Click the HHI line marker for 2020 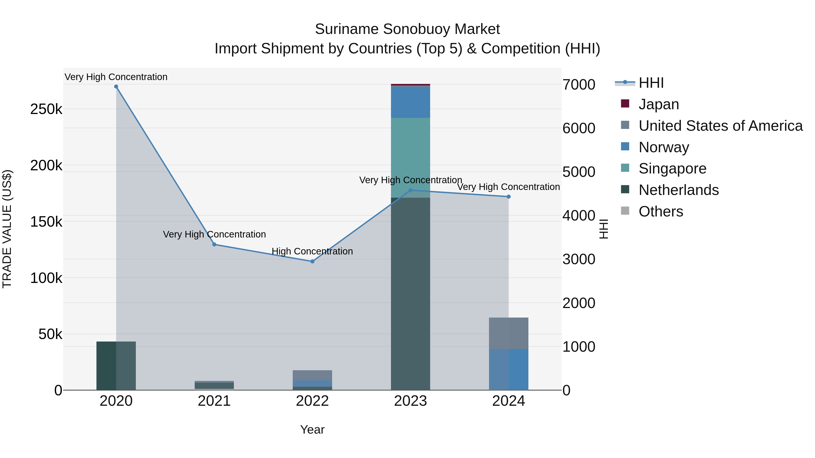coord(116,87)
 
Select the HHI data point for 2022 coord(312,261)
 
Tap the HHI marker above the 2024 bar coord(509,197)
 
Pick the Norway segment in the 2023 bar coord(410,102)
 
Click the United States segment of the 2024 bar coord(509,333)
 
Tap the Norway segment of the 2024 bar coord(509,370)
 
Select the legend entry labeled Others coord(661,211)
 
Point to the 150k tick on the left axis coord(46,222)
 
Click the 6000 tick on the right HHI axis coord(579,128)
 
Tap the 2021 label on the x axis coord(214,401)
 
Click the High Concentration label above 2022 coord(312,251)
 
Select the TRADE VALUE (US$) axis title coord(7,229)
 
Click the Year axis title coord(312,430)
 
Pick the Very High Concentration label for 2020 coord(116,77)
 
